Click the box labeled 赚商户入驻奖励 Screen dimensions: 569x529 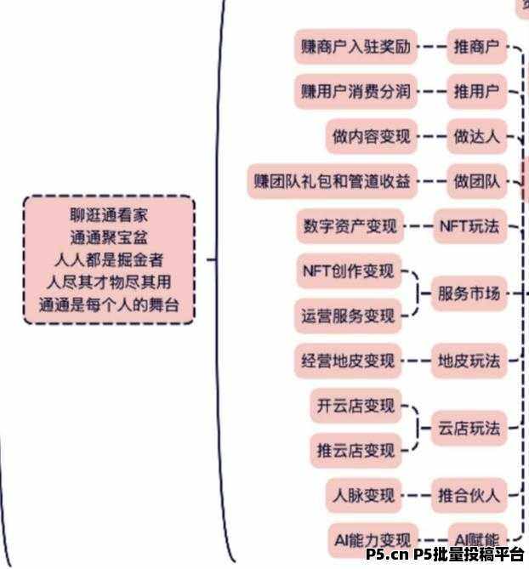(356, 48)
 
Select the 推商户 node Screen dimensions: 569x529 (476, 48)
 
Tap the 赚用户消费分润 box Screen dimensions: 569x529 (356, 92)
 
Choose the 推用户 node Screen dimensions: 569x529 (476, 92)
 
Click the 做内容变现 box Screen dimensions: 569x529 (372, 136)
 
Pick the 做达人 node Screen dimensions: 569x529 (476, 136)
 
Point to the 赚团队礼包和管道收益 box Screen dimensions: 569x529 (333, 181)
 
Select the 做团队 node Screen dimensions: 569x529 (476, 181)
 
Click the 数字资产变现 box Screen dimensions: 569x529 (350, 226)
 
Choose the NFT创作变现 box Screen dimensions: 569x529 (349, 272)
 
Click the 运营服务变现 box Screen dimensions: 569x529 (348, 316)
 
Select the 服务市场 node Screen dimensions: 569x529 (469, 294)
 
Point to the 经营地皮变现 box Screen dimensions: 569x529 (348, 361)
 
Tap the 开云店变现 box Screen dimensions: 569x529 (356, 406)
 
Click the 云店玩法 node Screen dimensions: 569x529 (469, 428)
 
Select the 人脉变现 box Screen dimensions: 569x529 (361, 494)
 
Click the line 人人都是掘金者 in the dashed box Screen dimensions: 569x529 (109, 259)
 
